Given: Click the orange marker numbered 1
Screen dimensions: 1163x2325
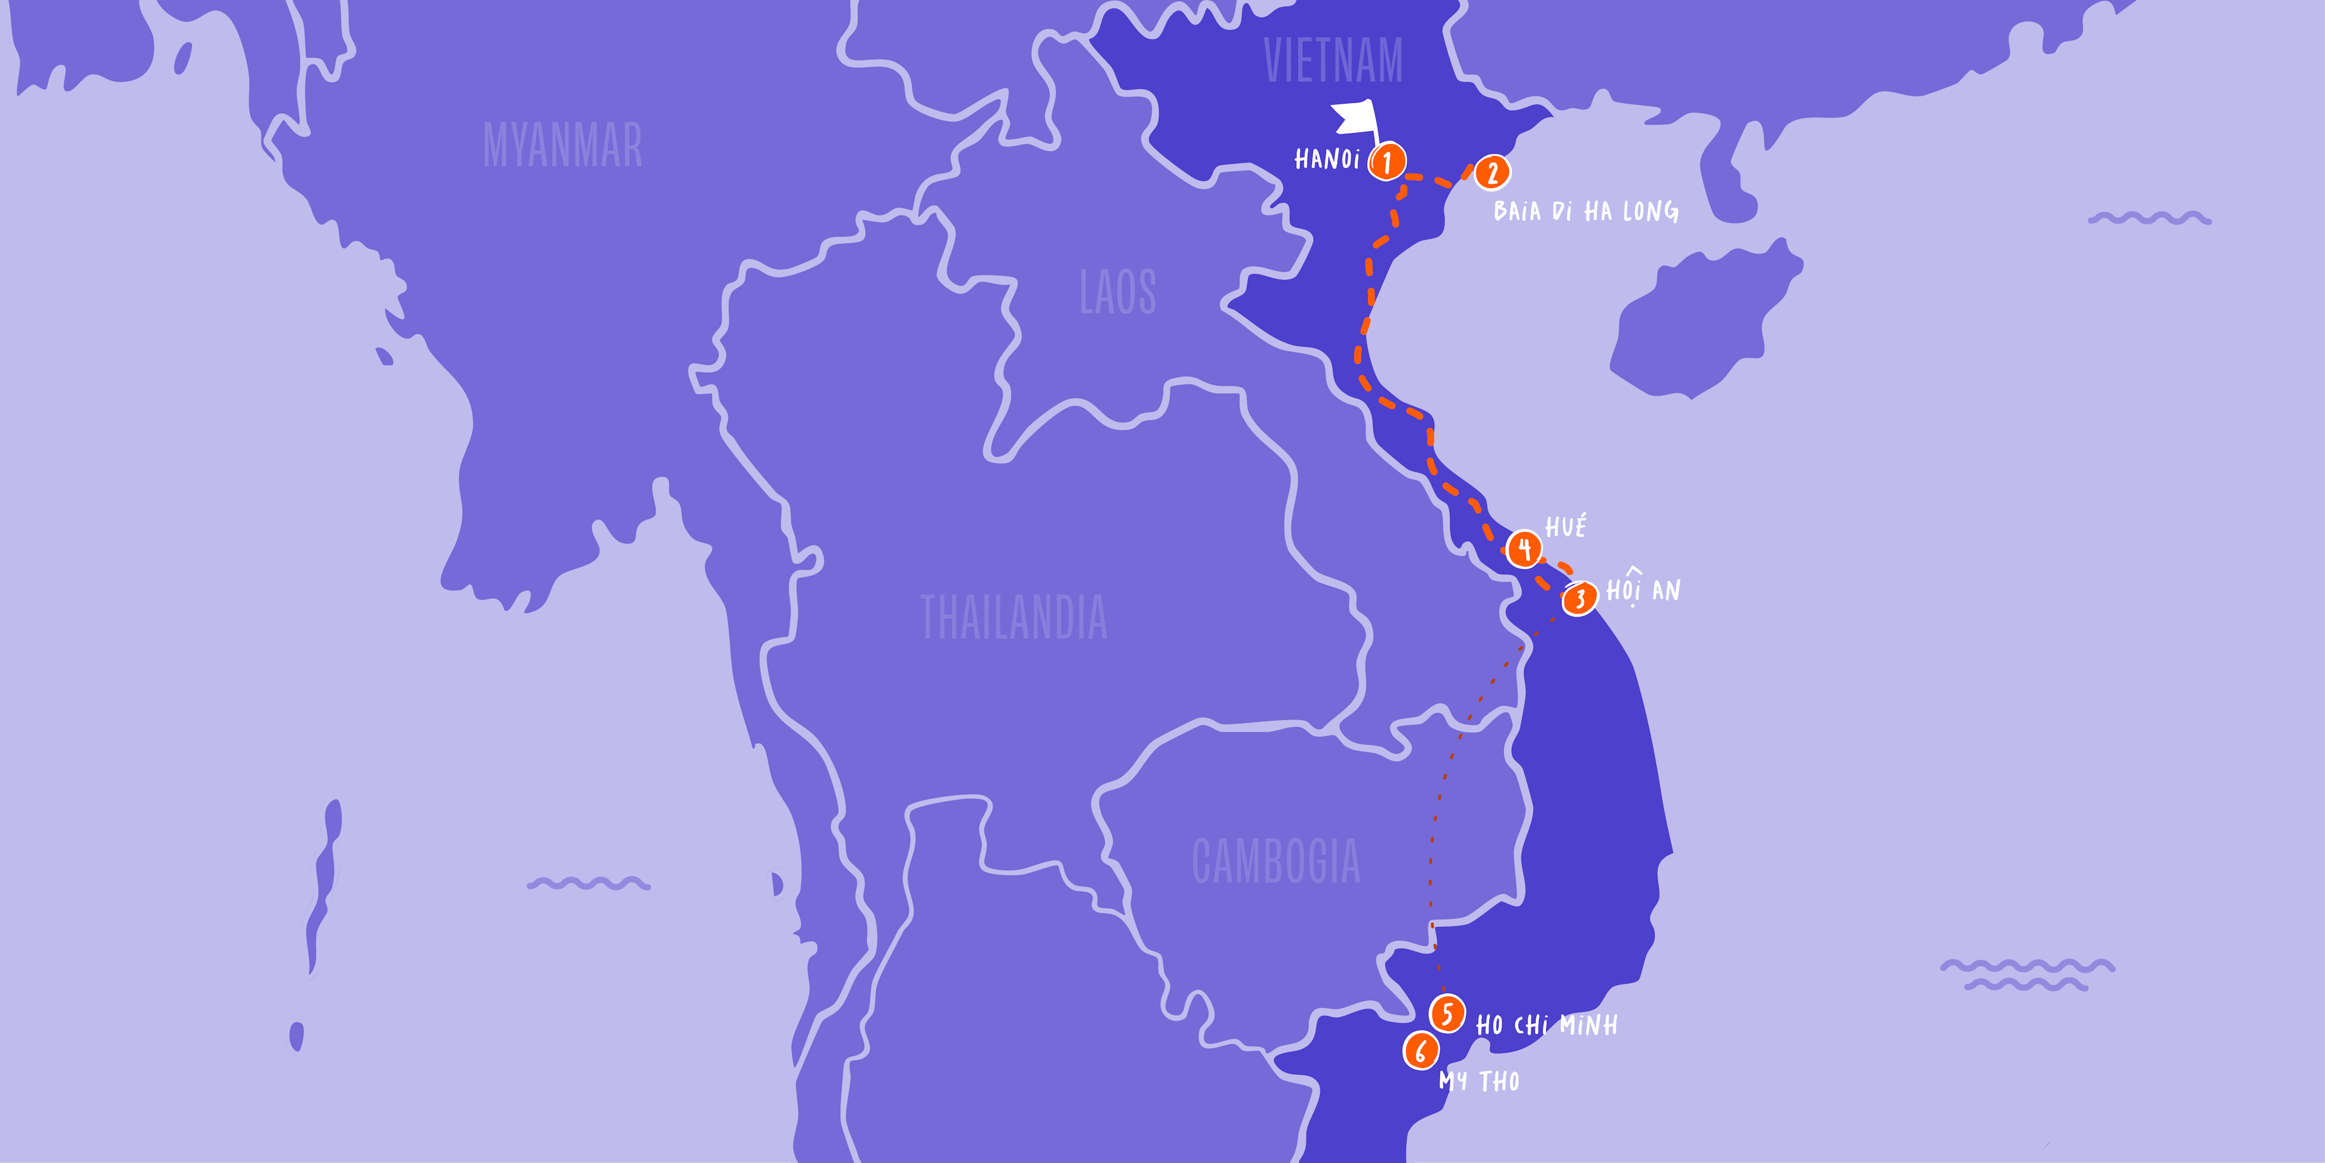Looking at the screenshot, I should click(x=1387, y=162).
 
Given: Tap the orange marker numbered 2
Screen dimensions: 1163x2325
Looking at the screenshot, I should click(x=1492, y=172).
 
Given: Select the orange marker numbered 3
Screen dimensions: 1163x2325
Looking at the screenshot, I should click(x=1580, y=598).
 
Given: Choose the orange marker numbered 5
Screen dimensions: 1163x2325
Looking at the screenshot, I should click(x=1447, y=1013).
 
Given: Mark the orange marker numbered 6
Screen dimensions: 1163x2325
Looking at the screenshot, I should click(x=1420, y=1050).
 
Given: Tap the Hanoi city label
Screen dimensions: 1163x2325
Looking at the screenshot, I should click(x=1327, y=160).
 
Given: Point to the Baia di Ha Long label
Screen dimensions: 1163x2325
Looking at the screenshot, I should click(x=1586, y=211).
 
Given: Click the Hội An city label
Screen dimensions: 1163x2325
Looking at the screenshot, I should click(x=1643, y=589).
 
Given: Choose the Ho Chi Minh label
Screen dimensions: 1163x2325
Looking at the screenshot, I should click(x=1546, y=1025).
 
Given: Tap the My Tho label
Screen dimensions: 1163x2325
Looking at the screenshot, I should click(x=1479, y=1080).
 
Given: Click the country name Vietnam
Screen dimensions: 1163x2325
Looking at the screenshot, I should click(x=1333, y=61).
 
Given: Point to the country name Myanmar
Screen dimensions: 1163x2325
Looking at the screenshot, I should click(x=562, y=145).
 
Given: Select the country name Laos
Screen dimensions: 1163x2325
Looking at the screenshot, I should click(x=1117, y=292).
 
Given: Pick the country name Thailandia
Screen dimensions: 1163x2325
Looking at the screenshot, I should click(x=1013, y=617).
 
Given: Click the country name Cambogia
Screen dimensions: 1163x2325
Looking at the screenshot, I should click(x=1275, y=860).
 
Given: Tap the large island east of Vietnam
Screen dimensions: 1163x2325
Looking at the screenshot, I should click(x=1701, y=320).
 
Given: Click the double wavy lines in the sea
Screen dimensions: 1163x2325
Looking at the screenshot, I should click(x=2027, y=974).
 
